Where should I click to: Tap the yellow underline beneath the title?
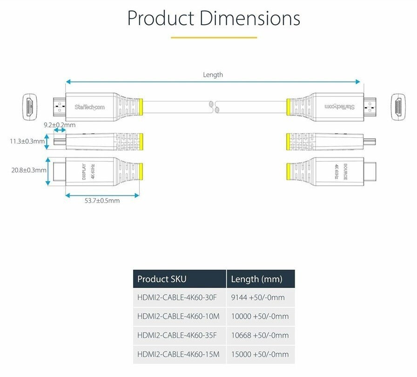[214, 37]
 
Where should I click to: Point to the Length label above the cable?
[213, 74]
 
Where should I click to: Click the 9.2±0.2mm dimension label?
[59, 125]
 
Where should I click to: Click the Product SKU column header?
[161, 279]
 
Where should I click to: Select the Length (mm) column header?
[256, 279]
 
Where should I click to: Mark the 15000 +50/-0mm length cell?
[260, 354]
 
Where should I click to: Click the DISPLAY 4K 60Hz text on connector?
[87, 171]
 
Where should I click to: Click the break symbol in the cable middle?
[215, 107]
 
